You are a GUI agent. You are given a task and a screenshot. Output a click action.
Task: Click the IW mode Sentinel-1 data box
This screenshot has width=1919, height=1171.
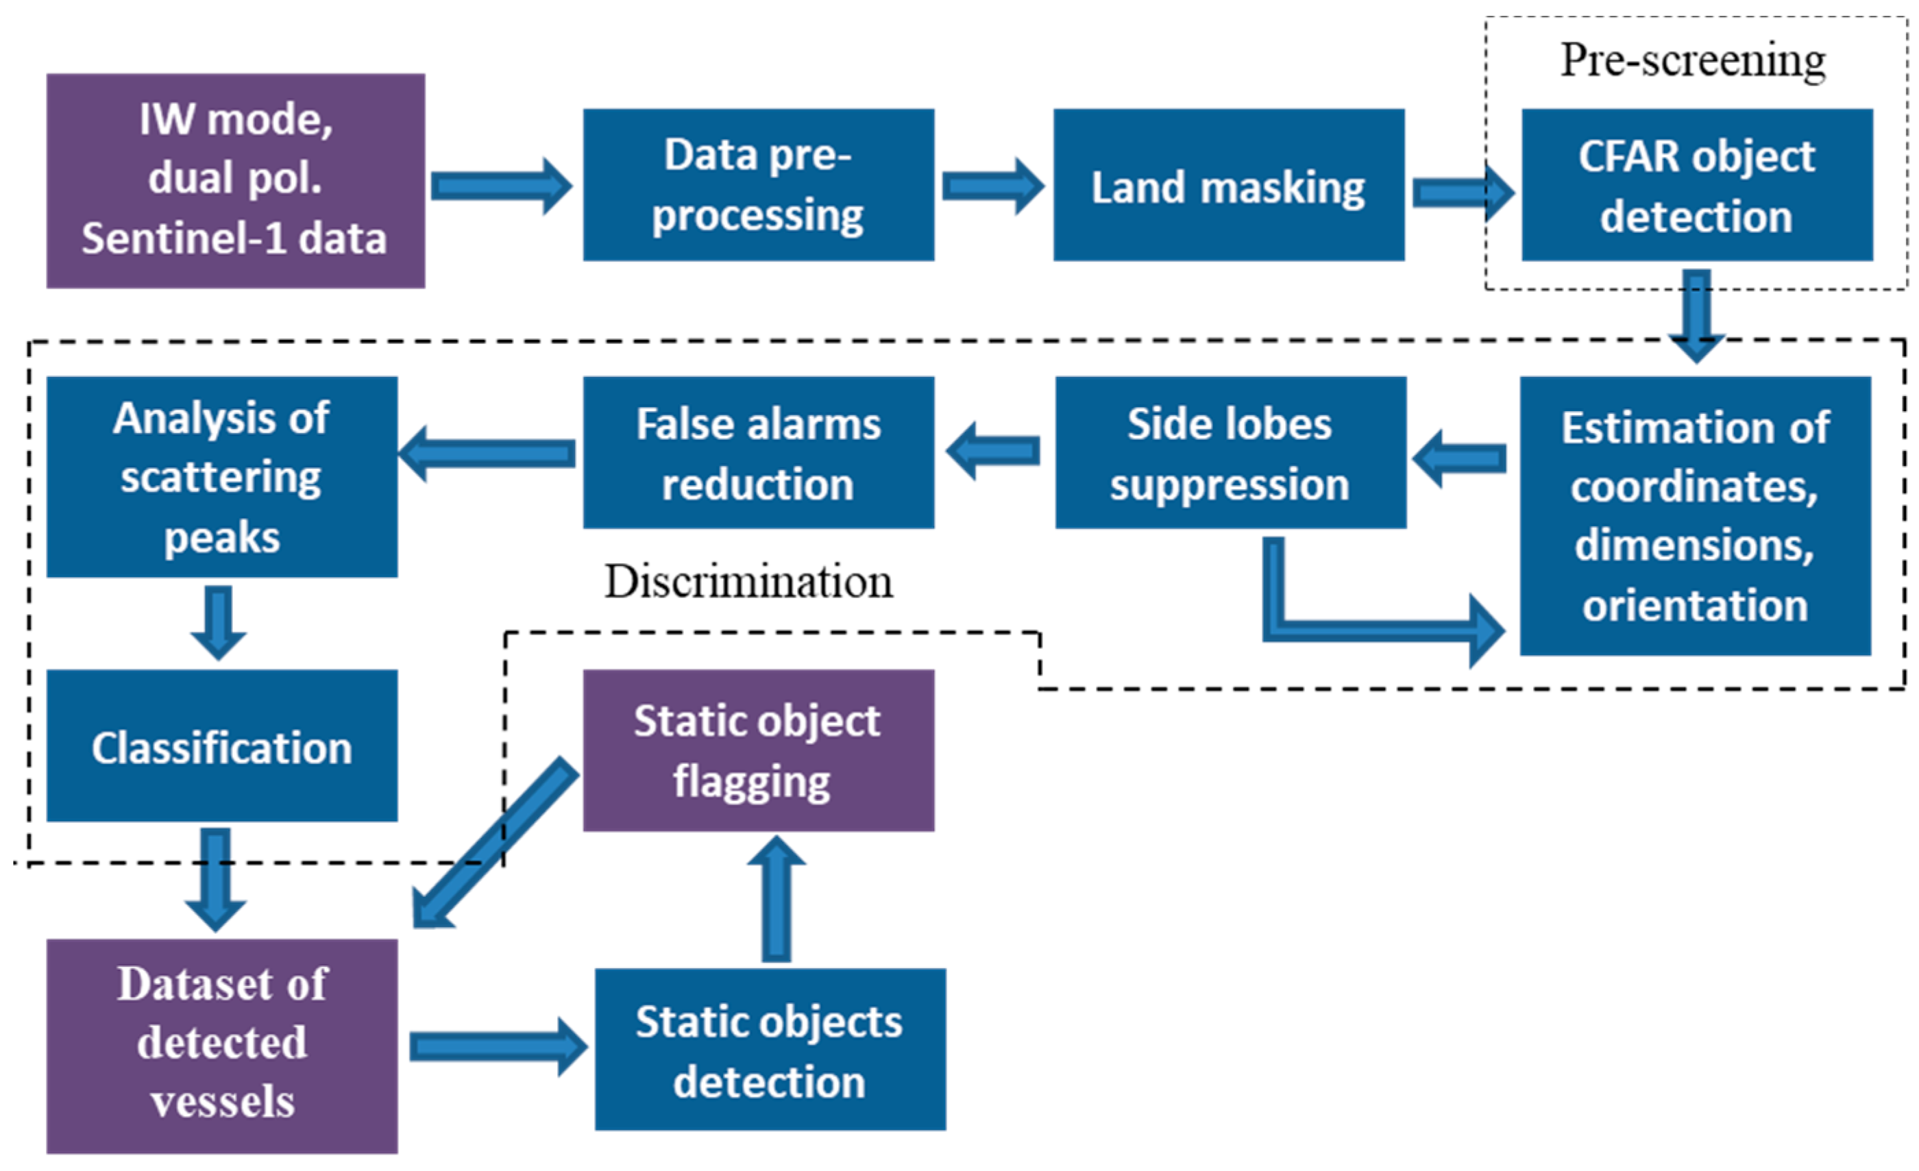pyautogui.click(x=235, y=181)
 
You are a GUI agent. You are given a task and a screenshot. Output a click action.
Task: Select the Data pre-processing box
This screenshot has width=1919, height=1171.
pyautogui.click(x=758, y=184)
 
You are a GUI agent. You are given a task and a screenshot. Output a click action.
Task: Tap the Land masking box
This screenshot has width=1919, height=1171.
pyautogui.click(x=1228, y=184)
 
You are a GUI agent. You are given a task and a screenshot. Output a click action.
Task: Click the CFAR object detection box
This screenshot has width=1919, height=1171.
pyautogui.click(x=1696, y=184)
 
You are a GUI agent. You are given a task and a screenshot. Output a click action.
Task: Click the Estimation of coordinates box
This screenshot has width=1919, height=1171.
pyautogui.click(x=1695, y=515)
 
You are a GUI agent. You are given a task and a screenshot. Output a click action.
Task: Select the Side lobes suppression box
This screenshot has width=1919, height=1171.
pyautogui.click(x=1230, y=452)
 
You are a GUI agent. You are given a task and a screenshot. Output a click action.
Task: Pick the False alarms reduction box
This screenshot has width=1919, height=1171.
pyautogui.click(x=758, y=452)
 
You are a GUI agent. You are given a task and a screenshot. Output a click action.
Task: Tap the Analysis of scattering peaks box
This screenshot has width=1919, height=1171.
pyautogui.click(x=222, y=476)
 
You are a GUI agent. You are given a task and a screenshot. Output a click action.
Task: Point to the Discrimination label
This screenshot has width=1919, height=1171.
pyautogui.click(x=748, y=582)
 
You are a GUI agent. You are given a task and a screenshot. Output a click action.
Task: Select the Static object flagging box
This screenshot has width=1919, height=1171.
pyautogui.click(x=758, y=750)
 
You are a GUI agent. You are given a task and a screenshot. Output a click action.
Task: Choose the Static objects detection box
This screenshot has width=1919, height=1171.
pyautogui.click(x=770, y=1049)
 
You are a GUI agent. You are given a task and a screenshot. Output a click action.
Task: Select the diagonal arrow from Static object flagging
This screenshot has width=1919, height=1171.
pyautogui.click(x=496, y=842)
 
